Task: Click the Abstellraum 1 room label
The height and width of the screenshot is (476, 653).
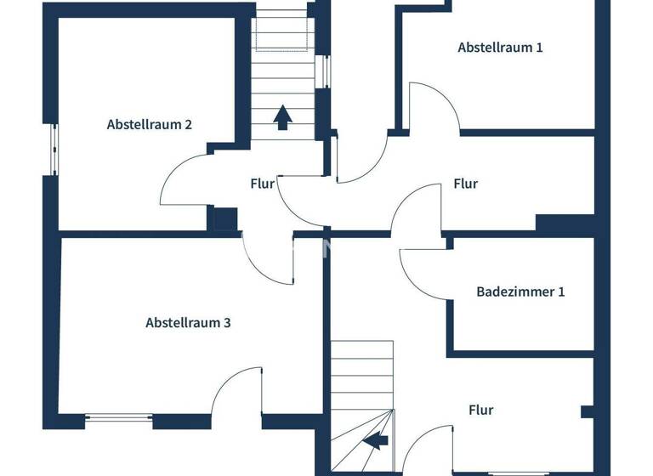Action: [x=500, y=48]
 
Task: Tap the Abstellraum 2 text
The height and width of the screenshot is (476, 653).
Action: [x=149, y=124]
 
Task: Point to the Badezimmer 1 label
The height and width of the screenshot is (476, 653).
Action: [x=520, y=292]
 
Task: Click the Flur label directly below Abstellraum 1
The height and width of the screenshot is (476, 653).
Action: [x=465, y=184]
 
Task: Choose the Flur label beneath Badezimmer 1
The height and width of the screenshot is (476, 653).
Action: [x=480, y=410]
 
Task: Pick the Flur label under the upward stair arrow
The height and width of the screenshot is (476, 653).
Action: [x=262, y=184]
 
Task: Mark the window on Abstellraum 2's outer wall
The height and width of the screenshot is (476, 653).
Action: [x=53, y=150]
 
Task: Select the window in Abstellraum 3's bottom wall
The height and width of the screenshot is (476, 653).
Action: [x=119, y=417]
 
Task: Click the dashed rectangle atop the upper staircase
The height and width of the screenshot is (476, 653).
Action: [x=281, y=32]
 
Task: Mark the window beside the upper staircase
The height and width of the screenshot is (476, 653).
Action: [x=323, y=71]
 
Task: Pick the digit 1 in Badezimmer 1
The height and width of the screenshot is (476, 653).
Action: [x=561, y=292]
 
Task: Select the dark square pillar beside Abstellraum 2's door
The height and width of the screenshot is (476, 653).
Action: [x=224, y=218]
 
